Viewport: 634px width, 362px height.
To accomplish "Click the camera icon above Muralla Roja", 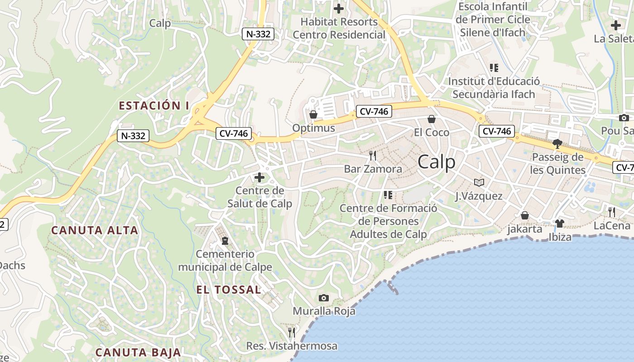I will pos(323,298).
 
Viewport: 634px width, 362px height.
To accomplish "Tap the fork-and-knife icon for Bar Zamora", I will pos(373,156).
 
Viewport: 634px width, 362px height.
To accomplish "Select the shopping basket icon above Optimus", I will pos(313,114).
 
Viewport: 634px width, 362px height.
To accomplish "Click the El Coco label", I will pos(432,132).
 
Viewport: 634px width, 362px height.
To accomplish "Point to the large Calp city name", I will pos(437,162).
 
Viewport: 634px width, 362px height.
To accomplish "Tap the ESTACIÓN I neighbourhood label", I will pos(154,106).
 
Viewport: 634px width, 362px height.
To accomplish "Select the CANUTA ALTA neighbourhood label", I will pos(95,230).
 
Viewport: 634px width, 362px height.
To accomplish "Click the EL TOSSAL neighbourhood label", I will pos(229,290).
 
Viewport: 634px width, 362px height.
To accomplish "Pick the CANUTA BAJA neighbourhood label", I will pos(138,352).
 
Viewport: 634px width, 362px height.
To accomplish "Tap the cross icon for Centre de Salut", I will pos(259,177).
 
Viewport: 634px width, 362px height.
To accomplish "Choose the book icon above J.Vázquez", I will pos(479,182).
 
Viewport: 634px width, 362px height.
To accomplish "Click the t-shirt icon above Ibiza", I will pos(560,224).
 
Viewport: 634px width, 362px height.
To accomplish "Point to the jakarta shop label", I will pos(524,229).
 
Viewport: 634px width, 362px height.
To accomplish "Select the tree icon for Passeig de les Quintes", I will pos(557,144).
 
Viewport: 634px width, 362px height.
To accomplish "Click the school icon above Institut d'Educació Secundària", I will pos(494,68).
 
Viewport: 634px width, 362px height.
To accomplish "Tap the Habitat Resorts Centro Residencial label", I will pos(339,28).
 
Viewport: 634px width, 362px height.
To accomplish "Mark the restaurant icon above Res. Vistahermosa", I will pos(292,333).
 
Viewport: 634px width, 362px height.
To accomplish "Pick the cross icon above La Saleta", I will pos(616,25).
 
